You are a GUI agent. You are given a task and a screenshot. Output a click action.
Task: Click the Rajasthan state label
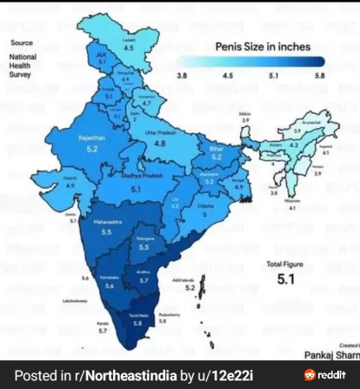[91, 138]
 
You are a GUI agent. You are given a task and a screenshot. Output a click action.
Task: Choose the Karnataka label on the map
[109, 276]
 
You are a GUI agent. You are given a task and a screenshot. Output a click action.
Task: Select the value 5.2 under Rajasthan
[91, 148]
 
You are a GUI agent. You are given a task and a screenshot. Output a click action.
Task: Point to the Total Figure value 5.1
[287, 280]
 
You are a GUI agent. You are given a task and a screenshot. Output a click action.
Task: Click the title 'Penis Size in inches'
[263, 46]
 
